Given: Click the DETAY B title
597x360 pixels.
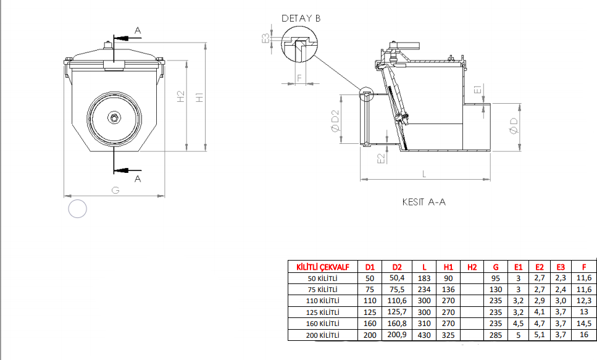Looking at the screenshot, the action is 301,19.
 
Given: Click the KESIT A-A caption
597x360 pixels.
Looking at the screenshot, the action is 424,202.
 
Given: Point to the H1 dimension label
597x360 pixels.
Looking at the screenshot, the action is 199,97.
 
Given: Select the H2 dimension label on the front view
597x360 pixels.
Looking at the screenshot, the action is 181,96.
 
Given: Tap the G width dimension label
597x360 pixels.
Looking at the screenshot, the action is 115,190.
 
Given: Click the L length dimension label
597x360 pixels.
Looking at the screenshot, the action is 424,174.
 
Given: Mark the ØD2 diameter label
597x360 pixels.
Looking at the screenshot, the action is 335,121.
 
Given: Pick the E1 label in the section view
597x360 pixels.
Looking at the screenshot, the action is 478,90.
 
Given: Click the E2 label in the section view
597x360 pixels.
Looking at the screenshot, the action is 381,159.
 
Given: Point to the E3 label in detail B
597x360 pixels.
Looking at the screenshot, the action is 265,38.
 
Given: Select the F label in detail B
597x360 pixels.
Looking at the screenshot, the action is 299,78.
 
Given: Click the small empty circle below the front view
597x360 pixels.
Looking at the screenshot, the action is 77,209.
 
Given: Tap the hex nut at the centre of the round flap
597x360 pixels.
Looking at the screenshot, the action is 114,118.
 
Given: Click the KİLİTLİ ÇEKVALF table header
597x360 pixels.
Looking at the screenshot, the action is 323,267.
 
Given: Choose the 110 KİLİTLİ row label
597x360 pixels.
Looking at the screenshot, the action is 322,301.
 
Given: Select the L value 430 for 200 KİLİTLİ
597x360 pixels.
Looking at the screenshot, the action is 424,335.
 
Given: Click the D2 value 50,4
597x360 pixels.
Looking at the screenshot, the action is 397,278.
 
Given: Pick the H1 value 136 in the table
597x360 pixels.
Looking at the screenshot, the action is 448,290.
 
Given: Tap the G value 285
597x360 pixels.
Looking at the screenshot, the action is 496,335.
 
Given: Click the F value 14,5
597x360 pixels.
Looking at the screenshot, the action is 584,324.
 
